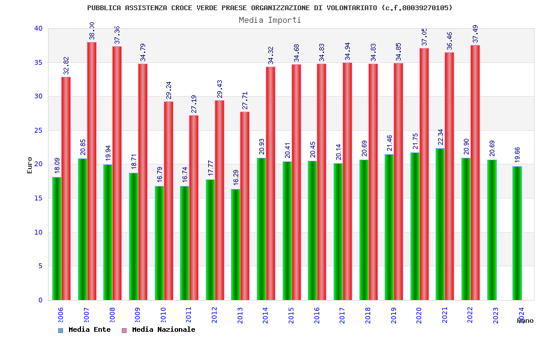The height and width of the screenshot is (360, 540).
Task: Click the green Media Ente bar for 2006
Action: pyautogui.click(x=56, y=238)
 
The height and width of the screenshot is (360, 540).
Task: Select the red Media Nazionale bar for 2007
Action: pyautogui.click(x=92, y=171)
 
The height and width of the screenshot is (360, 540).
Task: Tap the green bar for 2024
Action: pyautogui.click(x=517, y=233)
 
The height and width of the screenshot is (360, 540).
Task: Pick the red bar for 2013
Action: pyautogui.click(x=245, y=206)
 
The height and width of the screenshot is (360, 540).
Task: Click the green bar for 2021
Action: pyautogui.click(x=440, y=224)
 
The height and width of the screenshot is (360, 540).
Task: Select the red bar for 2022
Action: pyautogui.click(x=475, y=172)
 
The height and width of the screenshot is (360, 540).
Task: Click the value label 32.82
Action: pyautogui.click(x=67, y=65)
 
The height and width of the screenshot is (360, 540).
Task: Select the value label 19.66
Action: pyautogui.click(x=518, y=154)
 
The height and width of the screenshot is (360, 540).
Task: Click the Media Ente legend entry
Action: pyautogui.click(x=85, y=329)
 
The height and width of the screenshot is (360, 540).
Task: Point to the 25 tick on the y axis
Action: pyautogui.click(x=38, y=130)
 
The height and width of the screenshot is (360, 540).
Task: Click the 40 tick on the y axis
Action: pyautogui.click(x=38, y=28)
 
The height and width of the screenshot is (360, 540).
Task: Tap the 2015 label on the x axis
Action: pyautogui.click(x=292, y=316)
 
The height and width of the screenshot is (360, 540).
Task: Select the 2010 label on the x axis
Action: pyautogui.click(x=163, y=316)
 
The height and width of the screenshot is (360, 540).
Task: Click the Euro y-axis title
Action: pyautogui.click(x=30, y=165)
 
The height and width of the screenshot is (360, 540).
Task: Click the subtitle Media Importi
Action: pyautogui.click(x=270, y=20)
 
